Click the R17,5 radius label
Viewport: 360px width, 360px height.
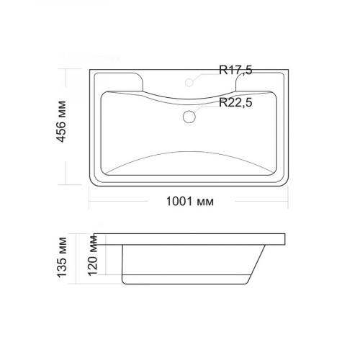coord(235,70)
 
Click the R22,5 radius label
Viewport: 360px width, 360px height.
coord(235,102)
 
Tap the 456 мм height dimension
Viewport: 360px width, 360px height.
coord(61,122)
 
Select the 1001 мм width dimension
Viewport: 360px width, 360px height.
coord(190,202)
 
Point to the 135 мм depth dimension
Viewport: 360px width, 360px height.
coord(62,258)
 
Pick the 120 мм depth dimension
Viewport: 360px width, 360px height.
coord(93,255)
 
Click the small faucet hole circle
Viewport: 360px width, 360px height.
coord(189,82)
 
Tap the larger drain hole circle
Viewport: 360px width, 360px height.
coord(189,117)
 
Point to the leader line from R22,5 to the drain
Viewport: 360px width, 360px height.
coord(207,107)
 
